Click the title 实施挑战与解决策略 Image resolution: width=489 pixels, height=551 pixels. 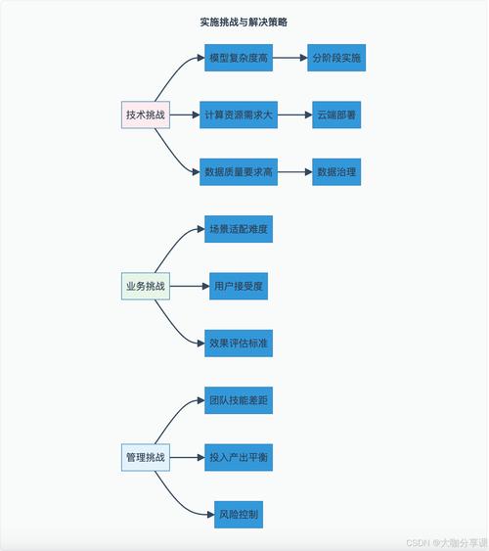(244, 22)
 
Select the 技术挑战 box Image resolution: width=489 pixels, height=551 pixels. (146, 115)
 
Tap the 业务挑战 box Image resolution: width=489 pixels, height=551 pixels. (146, 288)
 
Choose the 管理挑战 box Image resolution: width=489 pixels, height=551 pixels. (146, 458)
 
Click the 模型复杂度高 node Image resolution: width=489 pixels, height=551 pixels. (239, 59)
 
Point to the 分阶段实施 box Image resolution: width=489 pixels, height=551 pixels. (336, 59)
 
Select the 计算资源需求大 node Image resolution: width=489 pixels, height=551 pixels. (239, 115)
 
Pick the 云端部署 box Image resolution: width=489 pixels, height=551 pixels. (336, 115)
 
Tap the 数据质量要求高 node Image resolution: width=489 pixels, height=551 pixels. (239, 172)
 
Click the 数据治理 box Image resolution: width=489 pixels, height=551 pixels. (336, 172)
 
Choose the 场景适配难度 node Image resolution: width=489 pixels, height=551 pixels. (239, 230)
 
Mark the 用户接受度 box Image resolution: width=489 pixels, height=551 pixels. (239, 287)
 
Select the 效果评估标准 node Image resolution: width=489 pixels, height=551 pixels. (239, 344)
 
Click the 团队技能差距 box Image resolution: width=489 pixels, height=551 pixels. (239, 401)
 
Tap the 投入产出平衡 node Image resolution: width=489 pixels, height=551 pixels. (239, 458)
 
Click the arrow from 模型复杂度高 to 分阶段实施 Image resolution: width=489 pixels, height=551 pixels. (289, 59)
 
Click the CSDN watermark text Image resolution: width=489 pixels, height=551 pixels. (446, 541)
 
